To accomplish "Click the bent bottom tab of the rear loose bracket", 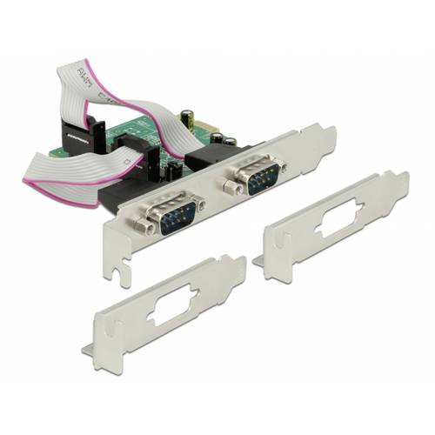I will [259, 260].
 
